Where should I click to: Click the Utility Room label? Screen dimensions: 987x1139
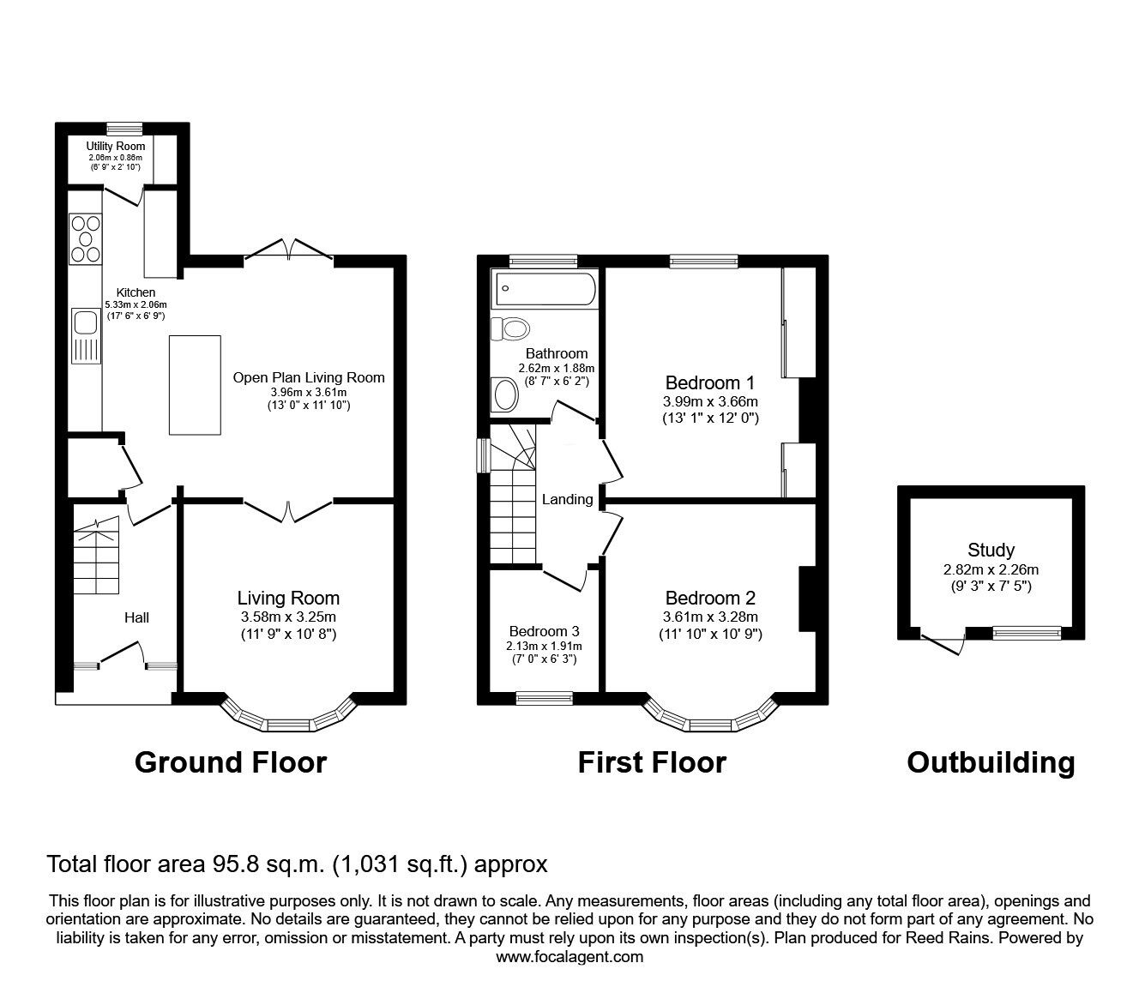[x=116, y=147]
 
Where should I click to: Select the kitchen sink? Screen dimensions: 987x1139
[x=85, y=323]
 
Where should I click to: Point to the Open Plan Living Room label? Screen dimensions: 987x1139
[x=309, y=377]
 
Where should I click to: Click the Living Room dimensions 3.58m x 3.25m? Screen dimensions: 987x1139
[x=287, y=617]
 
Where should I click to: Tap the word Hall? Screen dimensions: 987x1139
[x=137, y=617]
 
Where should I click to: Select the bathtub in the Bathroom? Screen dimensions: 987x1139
[x=544, y=289]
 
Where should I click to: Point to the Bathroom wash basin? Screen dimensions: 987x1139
[x=506, y=396]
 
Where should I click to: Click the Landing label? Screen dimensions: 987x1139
[x=567, y=499]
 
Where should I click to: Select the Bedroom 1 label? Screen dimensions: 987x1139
[x=710, y=382]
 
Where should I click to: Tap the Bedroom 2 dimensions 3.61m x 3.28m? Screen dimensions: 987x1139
[x=710, y=617]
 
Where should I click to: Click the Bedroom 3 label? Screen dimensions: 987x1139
[x=545, y=630]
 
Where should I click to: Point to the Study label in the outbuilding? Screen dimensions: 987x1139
[x=991, y=551]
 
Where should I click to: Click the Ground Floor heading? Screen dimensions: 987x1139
[x=231, y=761]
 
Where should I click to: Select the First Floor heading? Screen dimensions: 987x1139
[x=652, y=761]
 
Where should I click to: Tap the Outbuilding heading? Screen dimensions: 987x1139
[x=991, y=761]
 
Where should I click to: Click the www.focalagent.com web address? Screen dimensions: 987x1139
[x=569, y=956]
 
